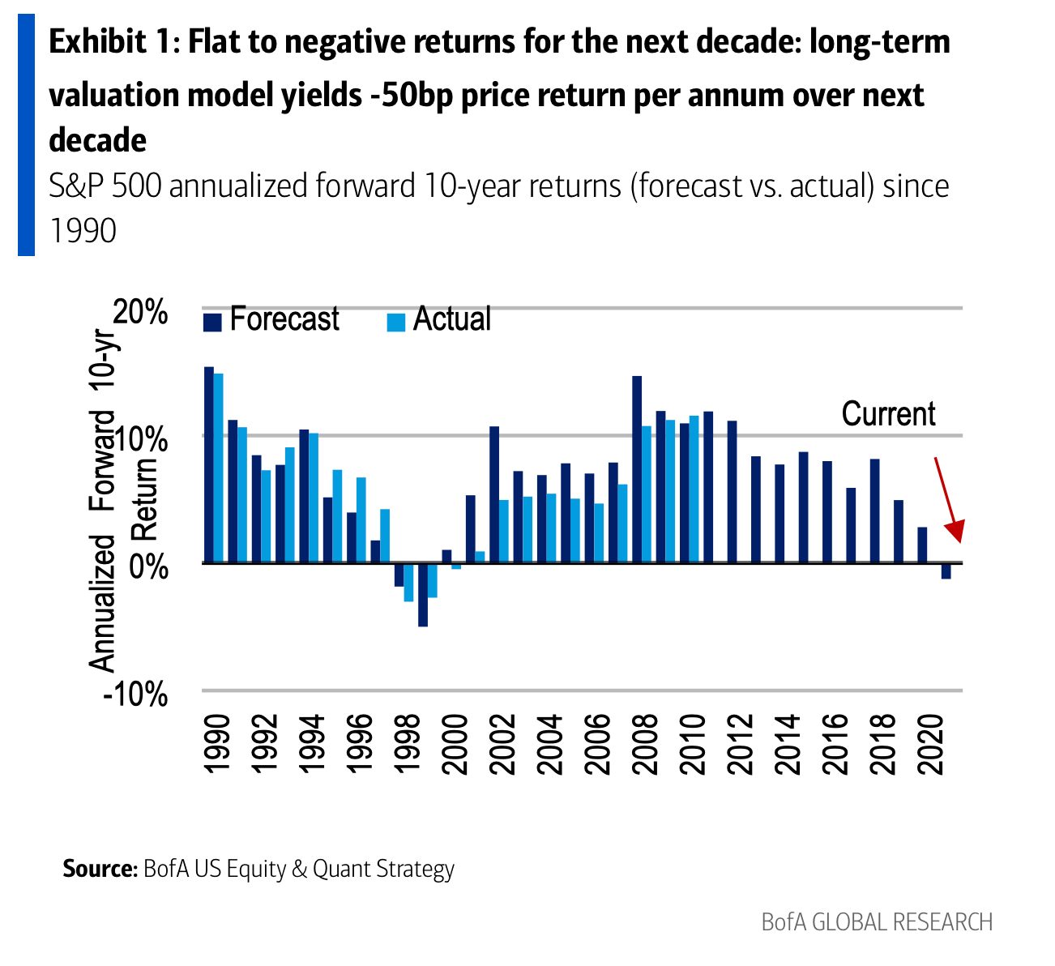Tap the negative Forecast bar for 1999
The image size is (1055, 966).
[423, 595]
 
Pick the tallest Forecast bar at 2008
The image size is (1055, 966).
[637, 469]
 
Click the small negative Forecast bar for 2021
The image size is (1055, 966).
[946, 571]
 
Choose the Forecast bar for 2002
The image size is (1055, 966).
[494, 494]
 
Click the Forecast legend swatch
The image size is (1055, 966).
[212, 322]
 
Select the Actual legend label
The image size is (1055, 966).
[451, 319]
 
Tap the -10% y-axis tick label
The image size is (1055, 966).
[135, 695]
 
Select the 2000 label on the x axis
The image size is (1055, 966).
[457, 745]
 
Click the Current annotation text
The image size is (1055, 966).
[888, 414]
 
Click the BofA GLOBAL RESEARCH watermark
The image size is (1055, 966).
[877, 922]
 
